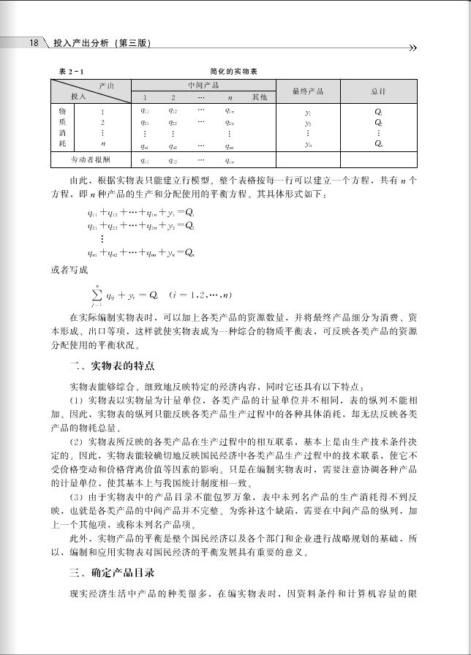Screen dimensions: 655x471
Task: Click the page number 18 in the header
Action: coord(34,43)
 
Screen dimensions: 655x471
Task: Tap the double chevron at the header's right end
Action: coord(413,48)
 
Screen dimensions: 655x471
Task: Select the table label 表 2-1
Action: coord(71,71)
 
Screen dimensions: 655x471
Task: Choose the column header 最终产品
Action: coord(307,91)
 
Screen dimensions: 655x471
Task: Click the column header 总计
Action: coord(378,91)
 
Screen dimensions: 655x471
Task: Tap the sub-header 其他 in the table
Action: coord(260,97)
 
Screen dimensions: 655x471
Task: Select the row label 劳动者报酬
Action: coord(90,159)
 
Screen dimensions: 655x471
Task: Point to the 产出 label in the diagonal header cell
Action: coord(106,86)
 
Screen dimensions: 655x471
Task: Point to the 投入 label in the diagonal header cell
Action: coord(78,96)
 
